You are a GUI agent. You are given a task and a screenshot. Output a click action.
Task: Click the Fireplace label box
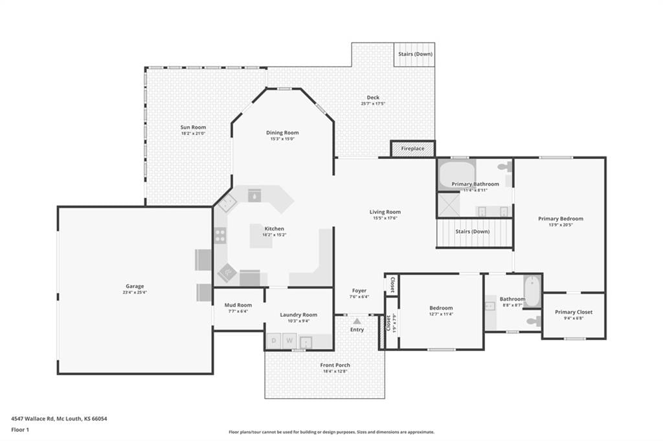click(412, 149)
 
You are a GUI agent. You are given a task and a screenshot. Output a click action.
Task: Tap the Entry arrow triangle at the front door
click(357, 321)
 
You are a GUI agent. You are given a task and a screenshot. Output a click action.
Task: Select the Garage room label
click(135, 286)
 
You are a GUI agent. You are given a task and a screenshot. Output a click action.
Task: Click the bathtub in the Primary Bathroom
click(457, 175)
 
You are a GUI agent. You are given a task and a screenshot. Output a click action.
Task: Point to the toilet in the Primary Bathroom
click(504, 167)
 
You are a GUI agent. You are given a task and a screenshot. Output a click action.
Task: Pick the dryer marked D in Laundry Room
click(274, 341)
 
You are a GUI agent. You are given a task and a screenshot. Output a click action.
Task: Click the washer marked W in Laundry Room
click(289, 341)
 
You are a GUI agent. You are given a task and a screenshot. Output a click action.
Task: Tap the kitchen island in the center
click(261, 236)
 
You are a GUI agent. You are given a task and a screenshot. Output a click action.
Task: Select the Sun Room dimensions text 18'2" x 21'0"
click(193, 133)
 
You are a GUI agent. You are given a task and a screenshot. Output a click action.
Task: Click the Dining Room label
click(282, 133)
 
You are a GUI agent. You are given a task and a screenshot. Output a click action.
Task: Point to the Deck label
click(373, 98)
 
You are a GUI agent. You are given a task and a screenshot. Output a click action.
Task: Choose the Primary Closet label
click(574, 312)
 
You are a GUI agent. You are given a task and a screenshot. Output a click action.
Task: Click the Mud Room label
click(238, 305)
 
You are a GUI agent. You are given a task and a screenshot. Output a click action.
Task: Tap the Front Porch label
click(335, 365)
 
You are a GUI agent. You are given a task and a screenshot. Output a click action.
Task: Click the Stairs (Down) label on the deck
click(415, 54)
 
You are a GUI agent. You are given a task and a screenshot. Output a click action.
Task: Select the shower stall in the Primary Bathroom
click(448, 205)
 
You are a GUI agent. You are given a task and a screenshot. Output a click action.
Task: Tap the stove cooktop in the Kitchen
click(220, 235)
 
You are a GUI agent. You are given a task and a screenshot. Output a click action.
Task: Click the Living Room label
click(385, 212)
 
